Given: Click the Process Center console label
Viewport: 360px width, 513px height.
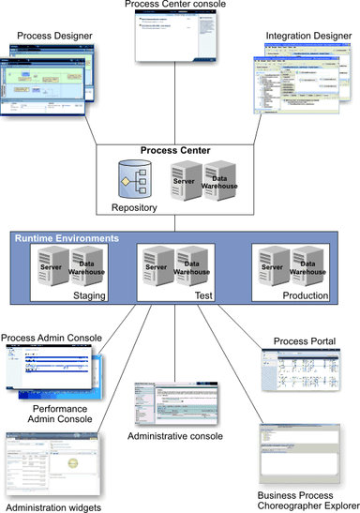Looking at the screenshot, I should [x=179, y=7].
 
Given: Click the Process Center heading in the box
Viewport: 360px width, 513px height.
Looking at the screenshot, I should [x=179, y=151].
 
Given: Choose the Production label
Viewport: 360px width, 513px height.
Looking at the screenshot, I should [x=307, y=294].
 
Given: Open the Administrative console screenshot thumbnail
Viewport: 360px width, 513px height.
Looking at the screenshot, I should [x=178, y=403].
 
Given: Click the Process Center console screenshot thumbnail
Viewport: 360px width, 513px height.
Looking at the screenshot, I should [x=179, y=40].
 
